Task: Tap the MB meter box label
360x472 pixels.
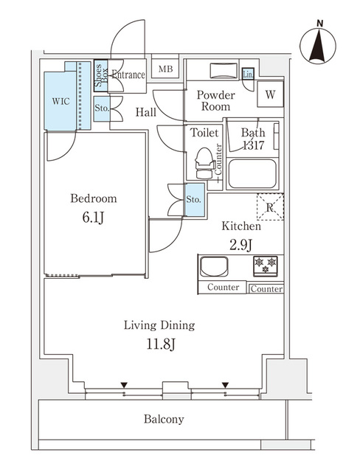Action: tap(166, 70)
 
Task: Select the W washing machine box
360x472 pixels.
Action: tap(270, 94)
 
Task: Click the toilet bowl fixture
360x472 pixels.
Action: tap(203, 160)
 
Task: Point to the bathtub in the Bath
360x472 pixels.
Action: tap(252, 174)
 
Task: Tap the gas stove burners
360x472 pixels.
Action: tap(266, 263)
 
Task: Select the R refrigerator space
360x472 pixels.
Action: tap(270, 207)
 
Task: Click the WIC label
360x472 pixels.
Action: tap(60, 101)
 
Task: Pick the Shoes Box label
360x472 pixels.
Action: tap(100, 76)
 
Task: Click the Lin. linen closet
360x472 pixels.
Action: tap(248, 74)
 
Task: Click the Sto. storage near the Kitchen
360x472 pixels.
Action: tap(194, 200)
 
